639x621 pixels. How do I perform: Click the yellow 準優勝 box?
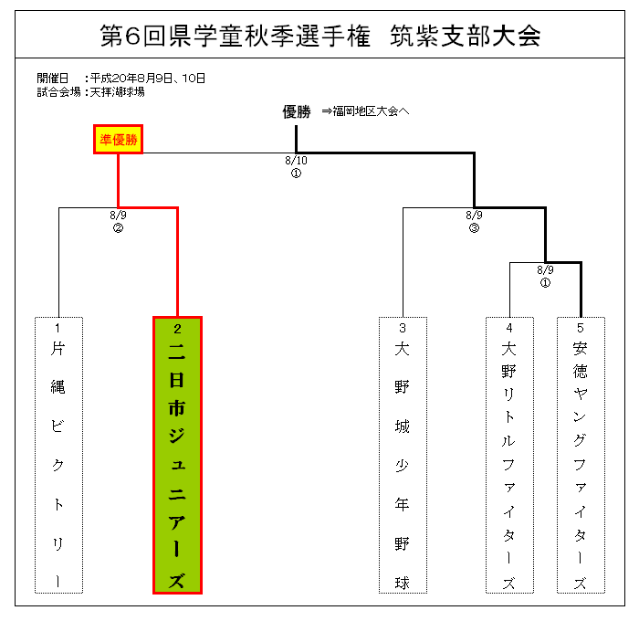118,140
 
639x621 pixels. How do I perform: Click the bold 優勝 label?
297,111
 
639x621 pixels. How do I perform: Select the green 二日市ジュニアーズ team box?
177,455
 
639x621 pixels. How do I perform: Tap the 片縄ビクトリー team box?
58,455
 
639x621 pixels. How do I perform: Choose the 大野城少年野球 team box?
403,455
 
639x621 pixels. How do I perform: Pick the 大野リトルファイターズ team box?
509,455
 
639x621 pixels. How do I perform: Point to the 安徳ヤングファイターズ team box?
581,455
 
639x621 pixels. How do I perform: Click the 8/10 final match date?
297,161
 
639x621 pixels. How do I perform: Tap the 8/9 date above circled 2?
118,215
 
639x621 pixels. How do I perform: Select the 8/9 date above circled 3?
474,215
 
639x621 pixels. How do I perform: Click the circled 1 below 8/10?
297,174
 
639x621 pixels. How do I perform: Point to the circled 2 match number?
118,228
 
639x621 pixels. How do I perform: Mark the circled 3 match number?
474,228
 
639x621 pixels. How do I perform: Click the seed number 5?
581,328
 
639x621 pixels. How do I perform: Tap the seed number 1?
58,328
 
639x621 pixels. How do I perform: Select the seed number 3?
403,328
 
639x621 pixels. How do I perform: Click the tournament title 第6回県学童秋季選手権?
236,36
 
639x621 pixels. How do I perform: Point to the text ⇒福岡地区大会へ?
365,111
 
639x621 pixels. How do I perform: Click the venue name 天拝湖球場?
118,91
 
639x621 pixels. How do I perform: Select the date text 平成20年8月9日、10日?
148,78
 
